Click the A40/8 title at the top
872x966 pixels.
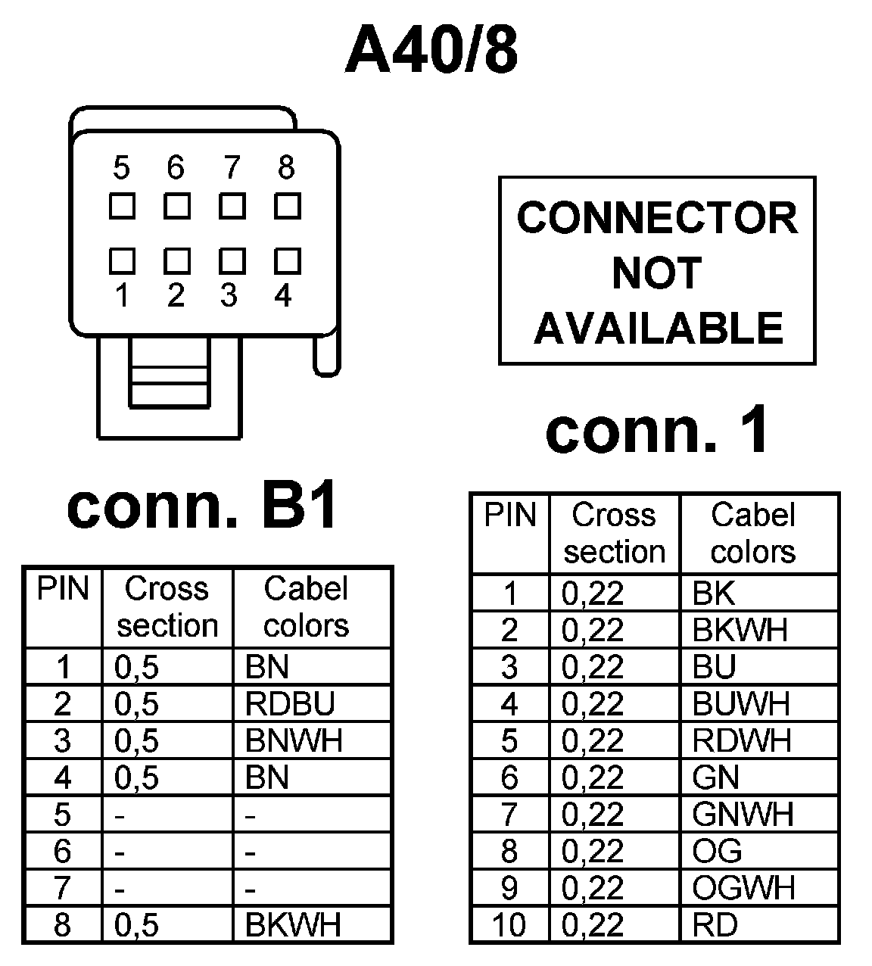click(432, 51)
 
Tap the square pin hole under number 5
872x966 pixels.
click(122, 206)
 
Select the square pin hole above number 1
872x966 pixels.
click(122, 260)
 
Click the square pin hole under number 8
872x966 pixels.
click(288, 206)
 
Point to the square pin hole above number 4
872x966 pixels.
click(288, 260)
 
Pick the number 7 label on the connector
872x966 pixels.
click(232, 168)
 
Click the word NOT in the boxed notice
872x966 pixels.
click(656, 273)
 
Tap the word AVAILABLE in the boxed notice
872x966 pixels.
click(657, 328)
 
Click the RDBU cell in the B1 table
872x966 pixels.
click(290, 704)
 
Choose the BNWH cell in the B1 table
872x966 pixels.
click(294, 740)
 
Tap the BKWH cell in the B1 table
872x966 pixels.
click(294, 924)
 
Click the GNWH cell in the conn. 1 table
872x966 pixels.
click(743, 815)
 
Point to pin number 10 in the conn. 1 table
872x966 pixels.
click(509, 925)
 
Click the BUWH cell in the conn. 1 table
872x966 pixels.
click(741, 704)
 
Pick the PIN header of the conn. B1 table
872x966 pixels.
click(63, 589)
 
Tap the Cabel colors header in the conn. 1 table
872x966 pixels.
click(753, 533)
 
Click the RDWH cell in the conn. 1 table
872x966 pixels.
click(741, 740)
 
